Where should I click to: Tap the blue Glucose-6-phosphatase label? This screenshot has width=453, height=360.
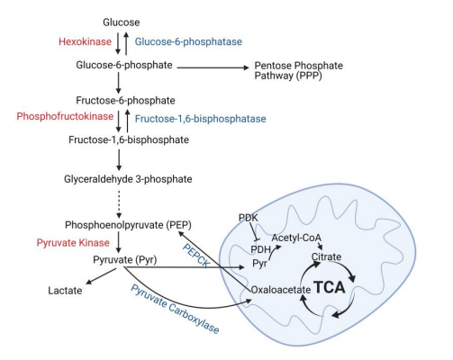178,41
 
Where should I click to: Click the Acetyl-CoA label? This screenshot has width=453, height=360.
296,237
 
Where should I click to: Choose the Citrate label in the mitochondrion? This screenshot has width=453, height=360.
325,256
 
